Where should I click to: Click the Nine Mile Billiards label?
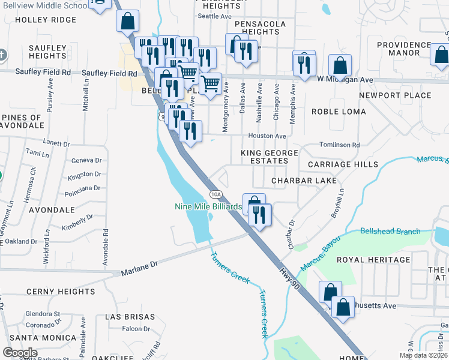tap(208, 207)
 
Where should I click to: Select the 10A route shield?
tap(217, 193)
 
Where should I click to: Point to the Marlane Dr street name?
tap(139, 263)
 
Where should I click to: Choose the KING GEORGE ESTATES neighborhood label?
tap(270, 157)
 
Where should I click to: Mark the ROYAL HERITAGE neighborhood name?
tap(373, 260)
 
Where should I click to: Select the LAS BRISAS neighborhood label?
tap(130, 316)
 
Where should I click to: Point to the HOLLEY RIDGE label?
tap(46, 19)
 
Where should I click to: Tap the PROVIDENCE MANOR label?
tap(403, 49)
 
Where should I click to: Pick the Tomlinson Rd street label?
tap(339, 145)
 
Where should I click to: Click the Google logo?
tap(20, 352)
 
